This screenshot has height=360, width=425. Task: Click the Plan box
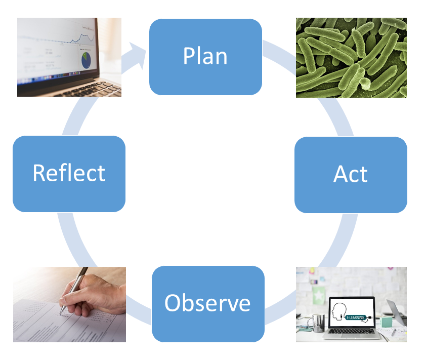click(x=205, y=57)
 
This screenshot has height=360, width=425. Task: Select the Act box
click(x=351, y=175)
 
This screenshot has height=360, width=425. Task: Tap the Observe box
click(x=208, y=303)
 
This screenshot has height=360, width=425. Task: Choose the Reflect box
click(x=69, y=173)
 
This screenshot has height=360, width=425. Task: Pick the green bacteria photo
click(x=351, y=57)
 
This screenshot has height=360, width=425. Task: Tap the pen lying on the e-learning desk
click(x=394, y=332)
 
